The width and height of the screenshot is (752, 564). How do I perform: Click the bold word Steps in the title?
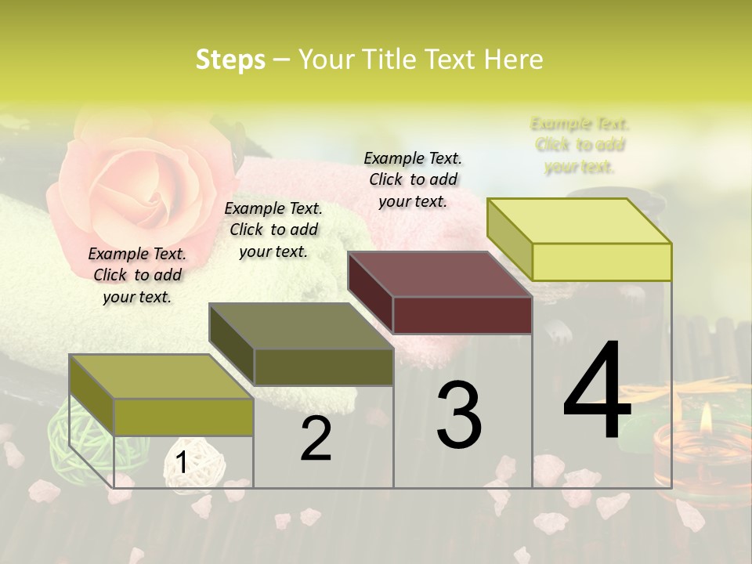tap(230, 60)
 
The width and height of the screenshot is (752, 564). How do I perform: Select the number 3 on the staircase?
tap(458, 415)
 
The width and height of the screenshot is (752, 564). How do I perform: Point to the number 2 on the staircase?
tap(316, 439)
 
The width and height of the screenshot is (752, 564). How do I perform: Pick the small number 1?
tap(181, 462)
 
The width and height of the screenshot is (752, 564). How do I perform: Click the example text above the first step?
tap(137, 275)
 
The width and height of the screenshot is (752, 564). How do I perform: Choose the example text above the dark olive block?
tap(273, 230)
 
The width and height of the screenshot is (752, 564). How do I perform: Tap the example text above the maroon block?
tap(413, 179)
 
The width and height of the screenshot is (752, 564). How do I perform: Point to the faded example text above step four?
tap(580, 145)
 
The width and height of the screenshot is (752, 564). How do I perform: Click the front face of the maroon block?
tap(462, 316)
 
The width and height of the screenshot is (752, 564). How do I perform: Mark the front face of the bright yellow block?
tap(602, 262)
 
